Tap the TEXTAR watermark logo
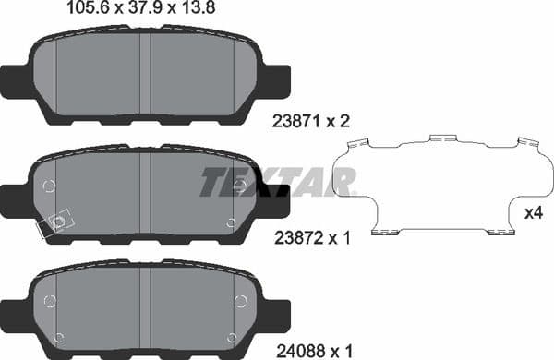(277, 182)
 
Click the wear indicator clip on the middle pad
(54, 223)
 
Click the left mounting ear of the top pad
(17, 81)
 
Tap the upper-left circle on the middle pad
(49, 186)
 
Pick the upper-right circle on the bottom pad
(240, 300)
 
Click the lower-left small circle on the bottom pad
(60, 336)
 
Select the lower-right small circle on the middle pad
(230, 222)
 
